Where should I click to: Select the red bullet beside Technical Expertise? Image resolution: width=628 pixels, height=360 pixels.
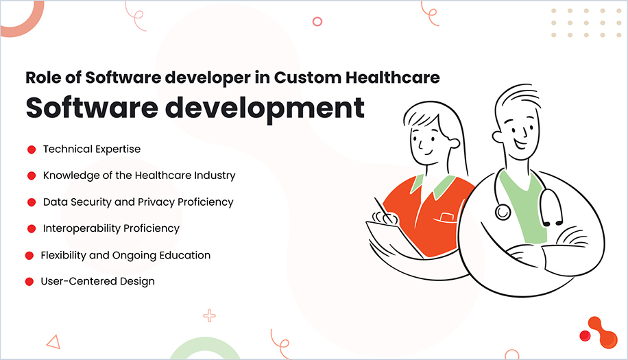[x=31, y=149]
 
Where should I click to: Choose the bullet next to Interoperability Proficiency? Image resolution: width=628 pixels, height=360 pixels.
[x=31, y=228]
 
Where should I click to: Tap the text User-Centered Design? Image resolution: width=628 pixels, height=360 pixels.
[x=97, y=281]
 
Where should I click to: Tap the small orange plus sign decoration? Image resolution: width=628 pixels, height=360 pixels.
[x=210, y=316]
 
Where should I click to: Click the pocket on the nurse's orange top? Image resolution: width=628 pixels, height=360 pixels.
[x=446, y=218]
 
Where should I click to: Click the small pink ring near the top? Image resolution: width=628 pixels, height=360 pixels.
[x=317, y=21]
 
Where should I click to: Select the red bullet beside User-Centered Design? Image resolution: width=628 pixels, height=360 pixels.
[x=29, y=281]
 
